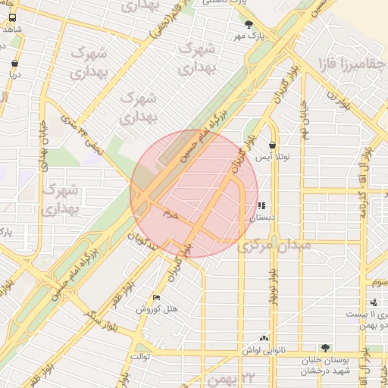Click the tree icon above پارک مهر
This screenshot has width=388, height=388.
pyautogui.click(x=248, y=24)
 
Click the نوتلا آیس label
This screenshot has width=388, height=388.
pyautogui.click(x=271, y=158)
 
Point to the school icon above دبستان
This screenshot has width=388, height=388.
pyautogui.click(x=262, y=205)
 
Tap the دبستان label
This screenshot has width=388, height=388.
pyautogui.click(x=262, y=217)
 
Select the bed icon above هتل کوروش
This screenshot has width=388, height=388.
pyautogui.click(x=157, y=297)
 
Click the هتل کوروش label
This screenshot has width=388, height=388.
pyautogui.click(x=157, y=309)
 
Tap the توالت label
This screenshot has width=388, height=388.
pyautogui.click(x=142, y=355)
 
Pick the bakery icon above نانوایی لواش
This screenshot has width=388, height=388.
pyautogui.click(x=263, y=339)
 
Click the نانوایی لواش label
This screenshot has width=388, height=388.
pyautogui.click(x=263, y=351)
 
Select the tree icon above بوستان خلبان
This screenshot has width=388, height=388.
pyautogui.click(x=325, y=348)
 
